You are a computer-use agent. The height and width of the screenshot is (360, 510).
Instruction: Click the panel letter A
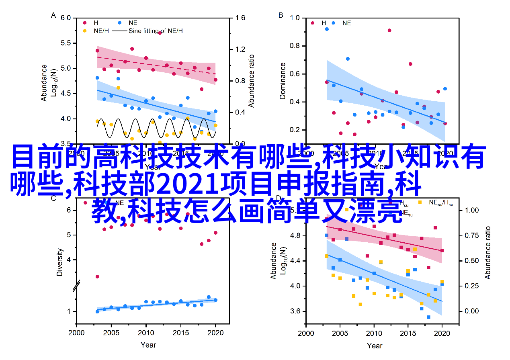coord(53,15)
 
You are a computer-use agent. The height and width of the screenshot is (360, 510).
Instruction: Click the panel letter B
coord(281,15)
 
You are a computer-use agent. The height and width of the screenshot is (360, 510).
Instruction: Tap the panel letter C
coord(53,198)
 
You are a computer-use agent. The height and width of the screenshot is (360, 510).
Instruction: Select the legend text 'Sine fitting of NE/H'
coord(156,31)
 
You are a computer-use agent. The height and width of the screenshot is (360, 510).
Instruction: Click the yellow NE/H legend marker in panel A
coord(84,31)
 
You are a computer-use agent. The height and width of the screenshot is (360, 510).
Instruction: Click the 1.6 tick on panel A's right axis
coord(240,18)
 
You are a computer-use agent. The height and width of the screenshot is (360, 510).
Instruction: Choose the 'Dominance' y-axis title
coord(283,81)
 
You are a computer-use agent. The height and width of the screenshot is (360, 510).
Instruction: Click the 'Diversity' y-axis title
coord(59,262)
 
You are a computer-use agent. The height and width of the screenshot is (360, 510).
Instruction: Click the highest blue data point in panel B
coord(327,29)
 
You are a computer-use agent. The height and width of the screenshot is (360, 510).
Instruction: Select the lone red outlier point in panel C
coord(97,276)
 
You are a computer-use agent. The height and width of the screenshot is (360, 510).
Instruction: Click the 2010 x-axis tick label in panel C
coord(145,333)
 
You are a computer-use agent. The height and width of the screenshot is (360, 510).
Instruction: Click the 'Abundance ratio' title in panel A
coord(252,81)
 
